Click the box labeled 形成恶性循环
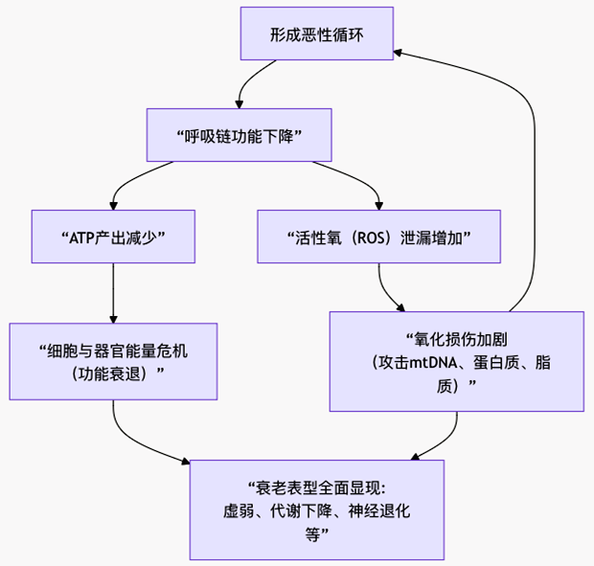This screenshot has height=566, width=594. click(x=316, y=34)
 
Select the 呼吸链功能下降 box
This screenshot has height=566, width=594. click(x=239, y=135)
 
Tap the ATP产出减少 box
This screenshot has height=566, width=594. click(x=113, y=236)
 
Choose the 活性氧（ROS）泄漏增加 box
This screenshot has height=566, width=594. click(x=378, y=236)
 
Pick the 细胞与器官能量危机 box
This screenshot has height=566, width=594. click(x=113, y=361)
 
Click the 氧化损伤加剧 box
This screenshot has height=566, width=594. click(x=456, y=361)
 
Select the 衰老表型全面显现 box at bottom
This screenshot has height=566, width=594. click(x=316, y=509)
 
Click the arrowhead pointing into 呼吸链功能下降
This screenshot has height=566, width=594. click(x=239, y=103)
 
